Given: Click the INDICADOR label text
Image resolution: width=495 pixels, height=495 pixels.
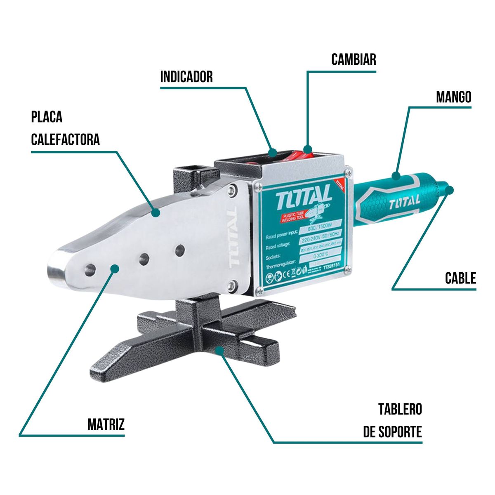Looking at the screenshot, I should [186, 77].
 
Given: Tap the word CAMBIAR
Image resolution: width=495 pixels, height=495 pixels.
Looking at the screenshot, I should [354, 59].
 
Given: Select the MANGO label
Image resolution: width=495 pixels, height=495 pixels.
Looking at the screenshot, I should [453, 97].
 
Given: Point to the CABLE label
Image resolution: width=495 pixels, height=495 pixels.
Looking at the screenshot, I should [460, 278].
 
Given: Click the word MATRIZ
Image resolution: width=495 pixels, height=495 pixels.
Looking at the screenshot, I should [106, 424].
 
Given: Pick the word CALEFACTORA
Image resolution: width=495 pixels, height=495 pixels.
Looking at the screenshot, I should [66, 139].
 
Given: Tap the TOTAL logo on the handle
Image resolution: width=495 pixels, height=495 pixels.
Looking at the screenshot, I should [404, 202].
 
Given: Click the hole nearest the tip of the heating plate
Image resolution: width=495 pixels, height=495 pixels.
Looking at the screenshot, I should [90, 270].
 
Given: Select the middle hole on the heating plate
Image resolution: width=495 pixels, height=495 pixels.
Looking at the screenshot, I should [144, 259].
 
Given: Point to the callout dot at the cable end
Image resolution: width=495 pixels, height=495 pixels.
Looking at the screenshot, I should [450, 189].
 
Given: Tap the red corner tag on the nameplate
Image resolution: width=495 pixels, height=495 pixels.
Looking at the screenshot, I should [339, 184].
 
